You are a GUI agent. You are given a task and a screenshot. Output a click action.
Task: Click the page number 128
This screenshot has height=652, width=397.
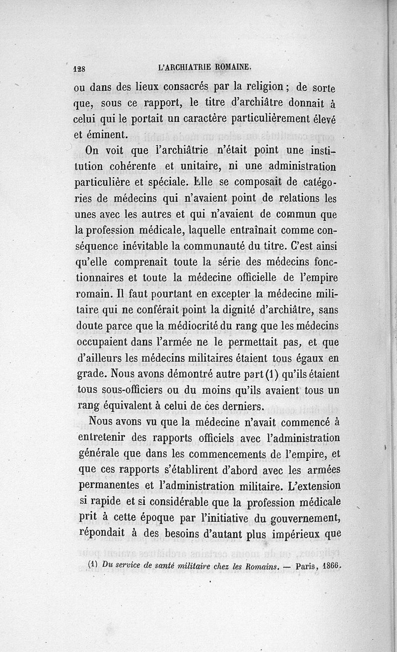click(80, 70)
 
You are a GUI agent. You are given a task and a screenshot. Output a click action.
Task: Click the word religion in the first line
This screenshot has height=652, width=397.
click(258, 86)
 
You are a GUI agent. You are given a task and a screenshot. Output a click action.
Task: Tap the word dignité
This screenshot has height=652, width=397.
click(236, 310)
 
